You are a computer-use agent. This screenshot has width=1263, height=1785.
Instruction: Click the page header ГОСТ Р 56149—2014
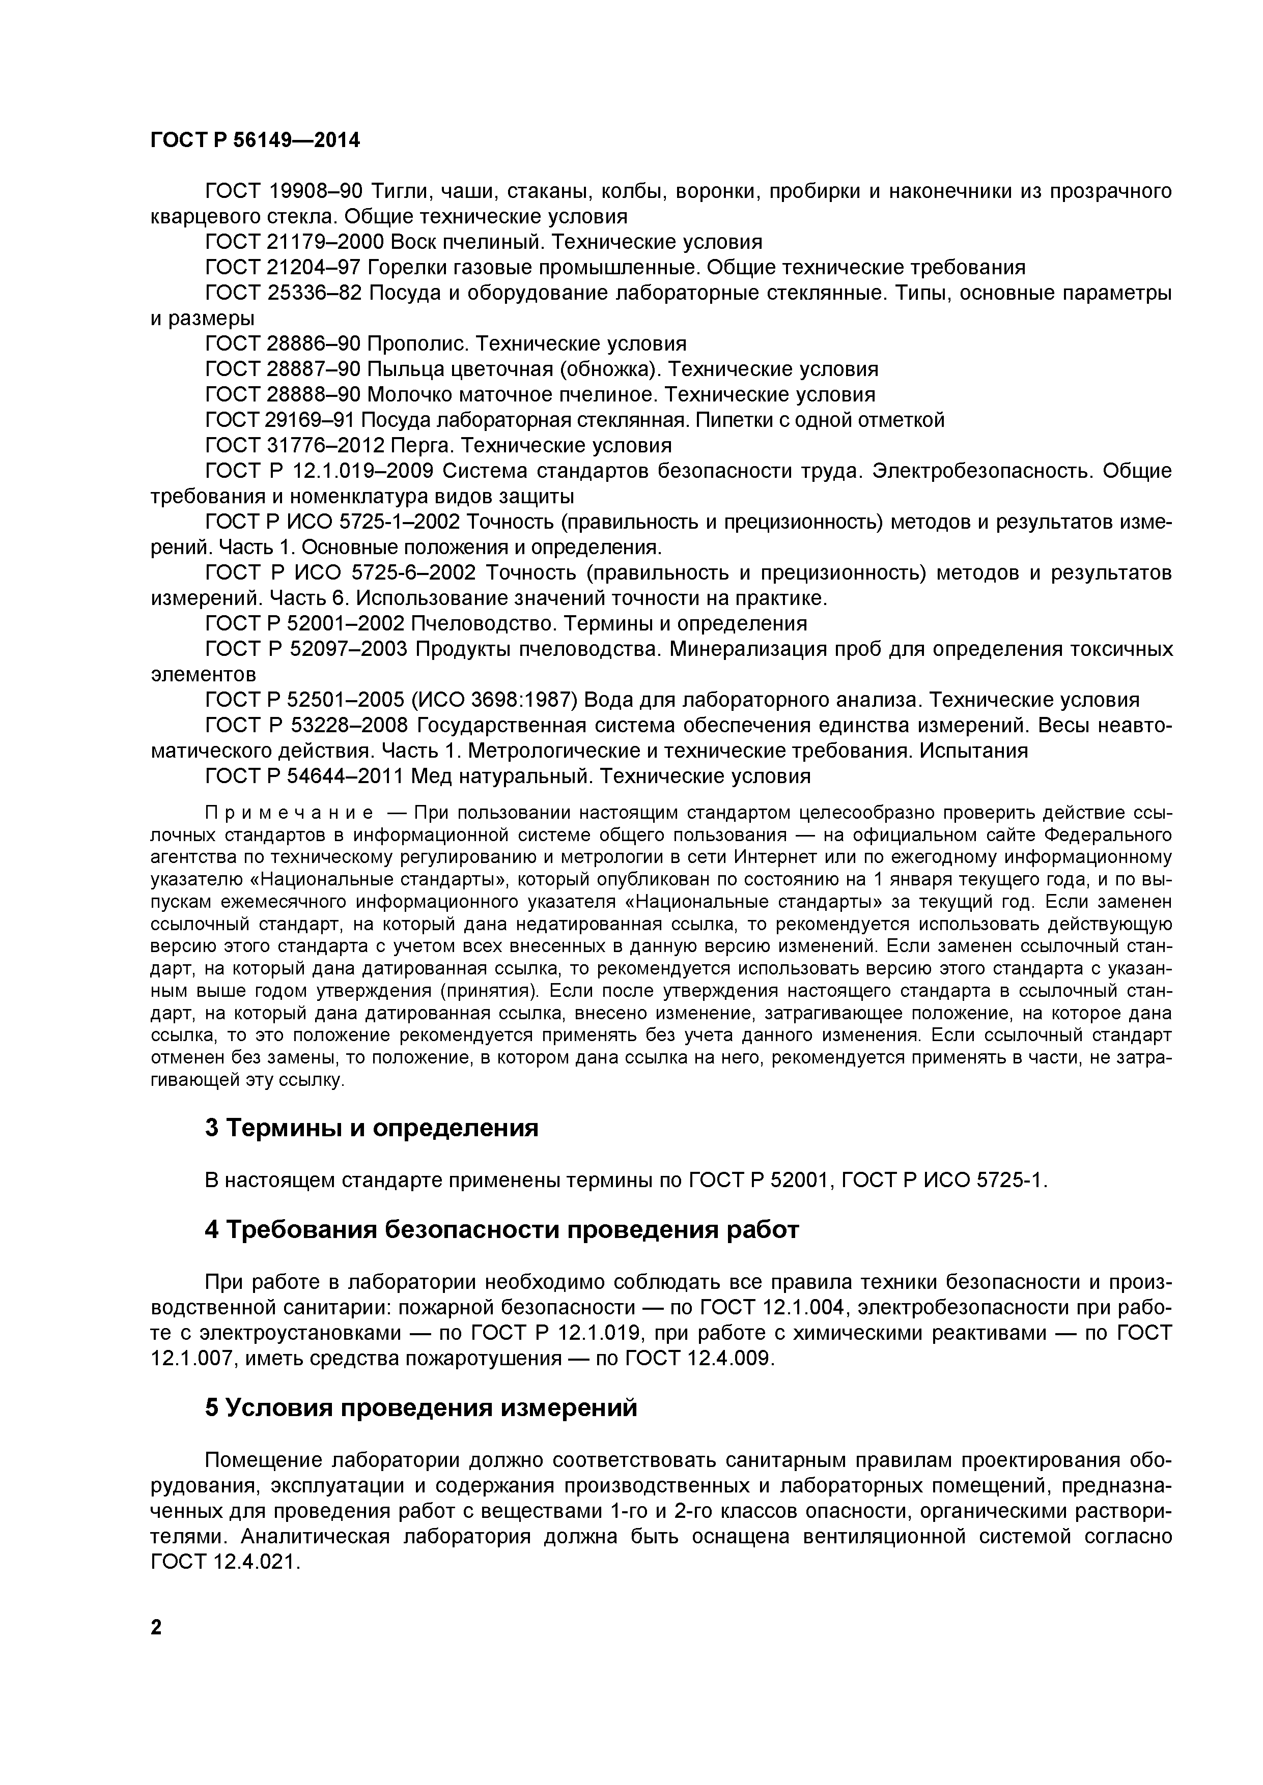tap(255, 141)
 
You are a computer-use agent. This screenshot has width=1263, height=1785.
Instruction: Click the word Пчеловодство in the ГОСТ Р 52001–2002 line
tap(483, 623)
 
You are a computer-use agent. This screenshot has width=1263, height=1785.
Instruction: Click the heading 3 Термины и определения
tap(372, 1127)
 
